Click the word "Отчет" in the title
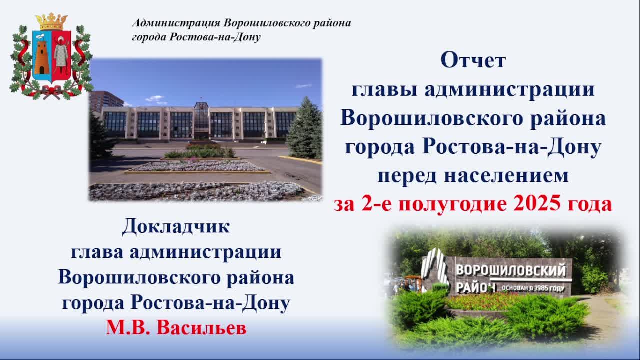pyautogui.click(x=473, y=61)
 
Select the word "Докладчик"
pyautogui.click(x=176, y=227)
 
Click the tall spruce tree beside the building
pyautogui.click(x=305, y=130)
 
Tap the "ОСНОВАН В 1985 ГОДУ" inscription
pyautogui.click(x=533, y=288)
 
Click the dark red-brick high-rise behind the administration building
pyautogui.click(x=106, y=100)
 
